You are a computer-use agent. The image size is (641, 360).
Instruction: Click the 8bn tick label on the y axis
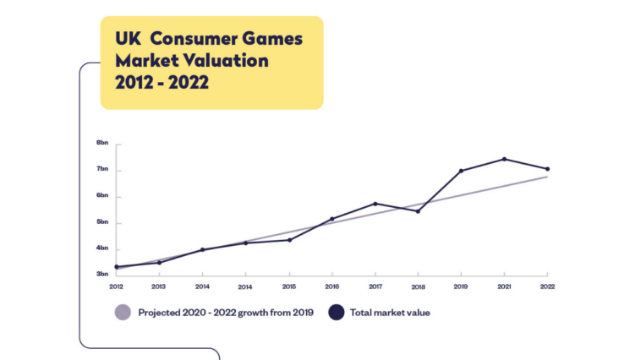pyautogui.click(x=101, y=143)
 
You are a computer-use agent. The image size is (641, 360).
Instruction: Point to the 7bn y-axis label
pyautogui.click(x=101, y=169)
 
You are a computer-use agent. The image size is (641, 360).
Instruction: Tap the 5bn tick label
pyautogui.click(x=101, y=222)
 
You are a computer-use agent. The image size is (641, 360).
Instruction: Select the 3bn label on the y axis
pyautogui.click(x=101, y=275)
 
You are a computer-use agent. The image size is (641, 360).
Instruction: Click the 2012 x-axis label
pyautogui.click(x=116, y=286)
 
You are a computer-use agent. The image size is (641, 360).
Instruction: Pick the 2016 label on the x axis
pyautogui.click(x=331, y=286)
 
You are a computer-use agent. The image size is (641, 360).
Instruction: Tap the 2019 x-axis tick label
pyautogui.click(x=461, y=286)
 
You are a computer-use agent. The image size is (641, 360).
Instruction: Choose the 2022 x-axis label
pyautogui.click(x=547, y=286)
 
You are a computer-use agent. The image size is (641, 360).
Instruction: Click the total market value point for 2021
pyautogui.click(x=504, y=159)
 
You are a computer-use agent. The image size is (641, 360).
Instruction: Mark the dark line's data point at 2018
pyautogui.click(x=418, y=211)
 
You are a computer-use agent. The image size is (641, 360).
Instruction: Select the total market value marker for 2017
pyautogui.click(x=375, y=204)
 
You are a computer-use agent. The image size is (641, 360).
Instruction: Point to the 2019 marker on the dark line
pyautogui.click(x=461, y=171)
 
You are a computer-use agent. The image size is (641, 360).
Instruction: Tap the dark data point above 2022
pyautogui.click(x=547, y=169)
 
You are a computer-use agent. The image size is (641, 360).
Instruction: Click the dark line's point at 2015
pyautogui.click(x=289, y=240)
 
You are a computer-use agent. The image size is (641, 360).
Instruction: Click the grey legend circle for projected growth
pyautogui.click(x=123, y=313)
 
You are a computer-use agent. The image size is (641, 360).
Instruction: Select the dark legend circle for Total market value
pyautogui.click(x=337, y=313)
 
